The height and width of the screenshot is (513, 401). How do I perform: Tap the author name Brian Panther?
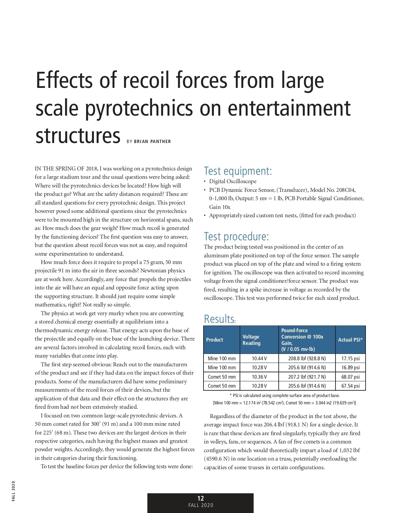[152, 142]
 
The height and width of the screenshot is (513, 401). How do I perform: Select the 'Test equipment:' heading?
[238, 171]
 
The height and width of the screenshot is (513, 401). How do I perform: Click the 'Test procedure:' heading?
[236, 237]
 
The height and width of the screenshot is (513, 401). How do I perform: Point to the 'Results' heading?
[219, 319]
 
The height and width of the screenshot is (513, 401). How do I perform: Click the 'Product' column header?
[215, 340]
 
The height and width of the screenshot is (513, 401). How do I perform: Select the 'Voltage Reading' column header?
[251, 340]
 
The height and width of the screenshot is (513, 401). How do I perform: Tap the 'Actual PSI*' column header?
[350, 340]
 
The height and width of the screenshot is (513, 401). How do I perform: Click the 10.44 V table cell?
[259, 359]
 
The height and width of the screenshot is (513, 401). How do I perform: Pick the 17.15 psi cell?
[351, 359]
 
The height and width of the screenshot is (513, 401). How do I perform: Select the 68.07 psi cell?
[351, 377]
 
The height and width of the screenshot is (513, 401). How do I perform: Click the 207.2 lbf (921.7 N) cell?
[307, 377]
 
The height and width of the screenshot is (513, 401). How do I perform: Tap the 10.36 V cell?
[259, 377]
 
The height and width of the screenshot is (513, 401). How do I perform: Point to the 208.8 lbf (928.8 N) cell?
[307, 359]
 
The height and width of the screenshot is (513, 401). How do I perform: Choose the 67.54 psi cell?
[351, 386]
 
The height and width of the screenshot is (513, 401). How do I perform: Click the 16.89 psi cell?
[351, 368]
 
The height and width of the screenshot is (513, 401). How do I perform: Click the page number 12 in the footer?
[200, 498]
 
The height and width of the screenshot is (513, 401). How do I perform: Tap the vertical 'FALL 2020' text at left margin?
[13, 491]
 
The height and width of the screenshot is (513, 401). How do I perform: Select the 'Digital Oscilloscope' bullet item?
[233, 181]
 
